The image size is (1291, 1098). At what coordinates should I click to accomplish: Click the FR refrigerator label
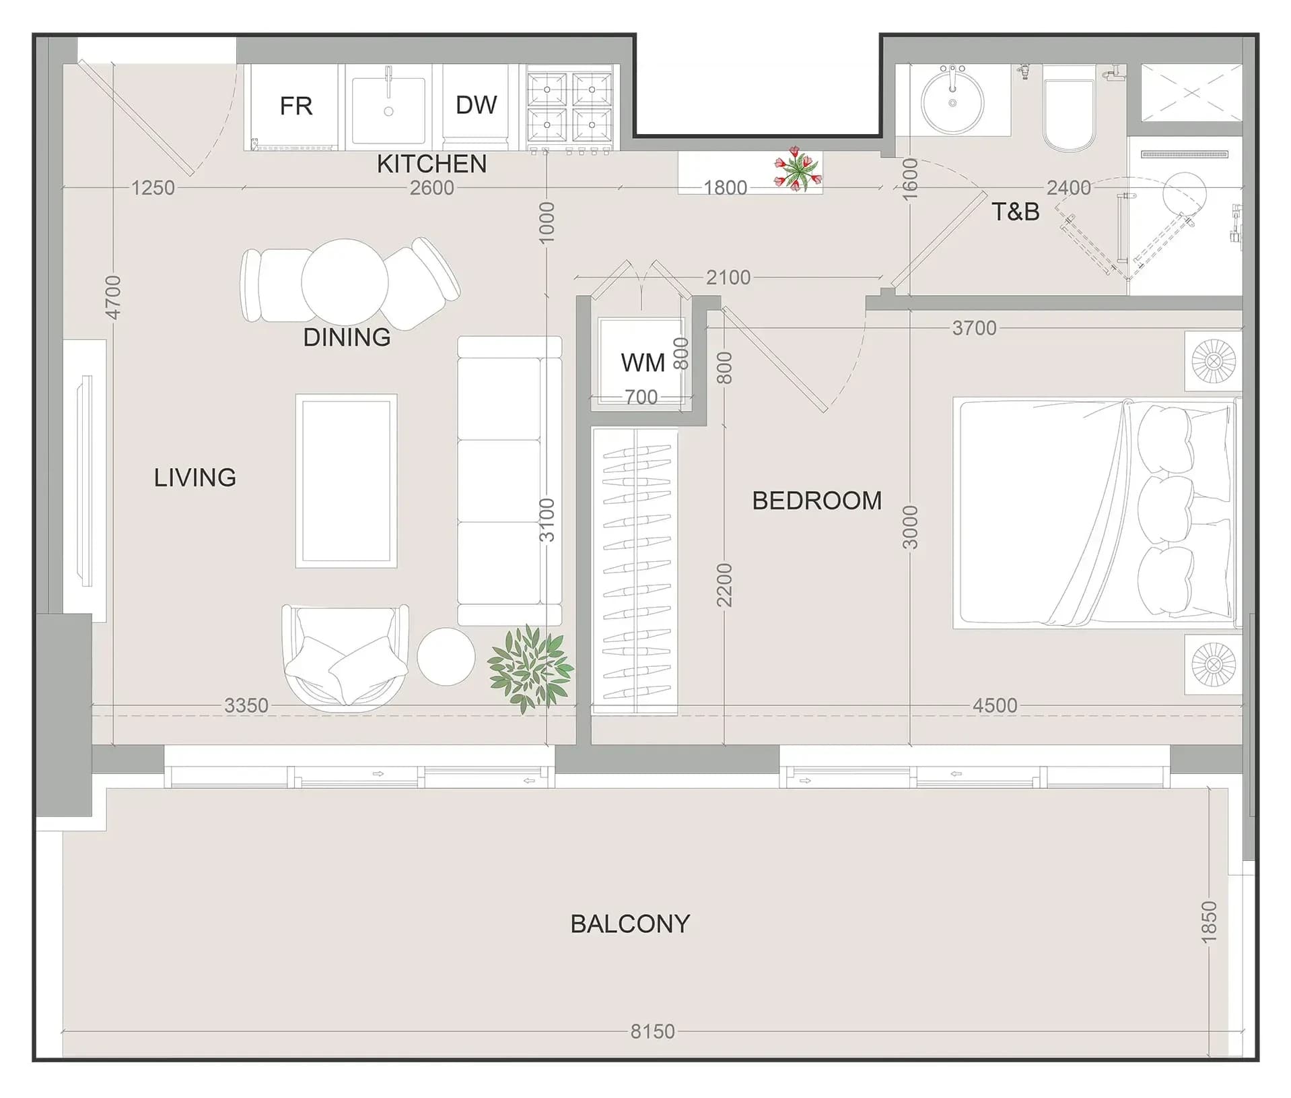(296, 106)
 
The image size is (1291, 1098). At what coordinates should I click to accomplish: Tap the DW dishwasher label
(476, 104)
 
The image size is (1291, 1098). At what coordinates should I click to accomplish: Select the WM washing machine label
(643, 362)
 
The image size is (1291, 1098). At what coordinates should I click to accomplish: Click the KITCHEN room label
(431, 164)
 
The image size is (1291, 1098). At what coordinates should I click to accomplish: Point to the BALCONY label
(630, 924)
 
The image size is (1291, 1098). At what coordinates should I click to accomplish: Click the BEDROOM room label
(816, 500)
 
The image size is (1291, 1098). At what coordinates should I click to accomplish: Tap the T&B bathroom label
(1016, 212)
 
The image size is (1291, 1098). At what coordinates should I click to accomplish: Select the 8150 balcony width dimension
(652, 1031)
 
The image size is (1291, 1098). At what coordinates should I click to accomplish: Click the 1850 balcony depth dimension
(1209, 922)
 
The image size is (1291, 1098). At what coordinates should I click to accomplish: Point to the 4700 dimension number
(113, 297)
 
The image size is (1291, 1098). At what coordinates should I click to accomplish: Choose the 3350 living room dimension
(246, 705)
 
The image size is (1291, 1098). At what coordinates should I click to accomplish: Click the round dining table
(345, 282)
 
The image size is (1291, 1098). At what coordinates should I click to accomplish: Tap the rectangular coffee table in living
(346, 481)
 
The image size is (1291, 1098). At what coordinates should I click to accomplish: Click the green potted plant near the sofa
(530, 668)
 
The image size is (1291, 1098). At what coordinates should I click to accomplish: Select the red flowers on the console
(798, 168)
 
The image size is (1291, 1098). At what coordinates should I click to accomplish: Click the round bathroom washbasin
(952, 102)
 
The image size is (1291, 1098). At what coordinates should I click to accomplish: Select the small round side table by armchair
(446, 656)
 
